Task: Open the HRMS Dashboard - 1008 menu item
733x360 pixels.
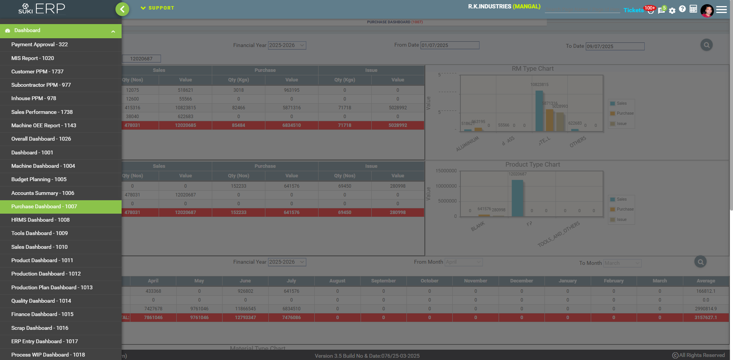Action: tap(41, 220)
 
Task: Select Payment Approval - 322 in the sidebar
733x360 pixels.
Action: tap(39, 44)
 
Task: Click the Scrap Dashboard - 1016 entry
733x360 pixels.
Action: tap(40, 328)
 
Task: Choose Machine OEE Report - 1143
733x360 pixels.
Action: tap(44, 125)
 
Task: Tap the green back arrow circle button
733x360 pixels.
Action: tap(122, 9)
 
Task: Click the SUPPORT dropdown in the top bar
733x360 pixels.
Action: tap(158, 8)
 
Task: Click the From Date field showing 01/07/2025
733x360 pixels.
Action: tap(450, 45)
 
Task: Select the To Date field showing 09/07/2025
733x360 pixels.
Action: tap(615, 47)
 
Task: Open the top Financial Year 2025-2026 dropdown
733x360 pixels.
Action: tap(287, 45)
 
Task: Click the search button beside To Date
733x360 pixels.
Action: tap(706, 45)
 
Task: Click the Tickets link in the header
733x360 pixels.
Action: tap(633, 10)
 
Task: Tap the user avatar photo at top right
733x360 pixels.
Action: tap(707, 10)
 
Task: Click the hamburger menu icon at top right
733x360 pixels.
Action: tap(722, 10)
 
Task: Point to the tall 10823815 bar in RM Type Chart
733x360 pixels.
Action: tap(539, 111)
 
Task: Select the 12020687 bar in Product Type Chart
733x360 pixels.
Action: tap(517, 198)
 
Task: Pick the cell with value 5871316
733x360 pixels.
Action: tap(291, 108)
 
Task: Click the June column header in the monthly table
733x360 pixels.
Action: tap(245, 281)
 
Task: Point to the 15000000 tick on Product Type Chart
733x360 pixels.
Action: tap(446, 171)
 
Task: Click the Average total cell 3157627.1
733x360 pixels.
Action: tap(705, 318)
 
